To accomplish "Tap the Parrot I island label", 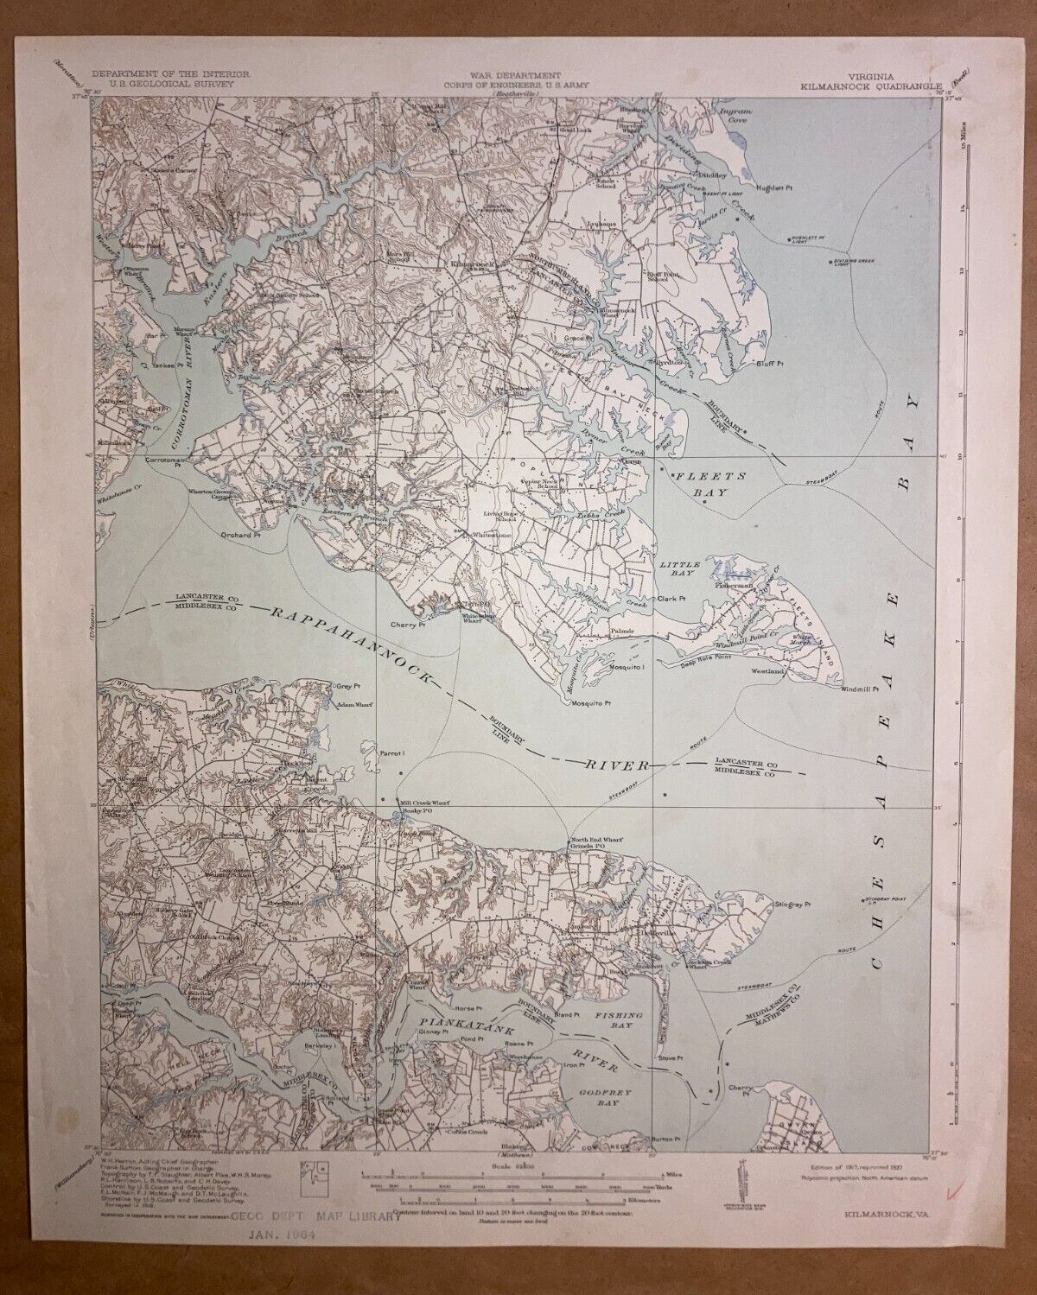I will click(x=392, y=753).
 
